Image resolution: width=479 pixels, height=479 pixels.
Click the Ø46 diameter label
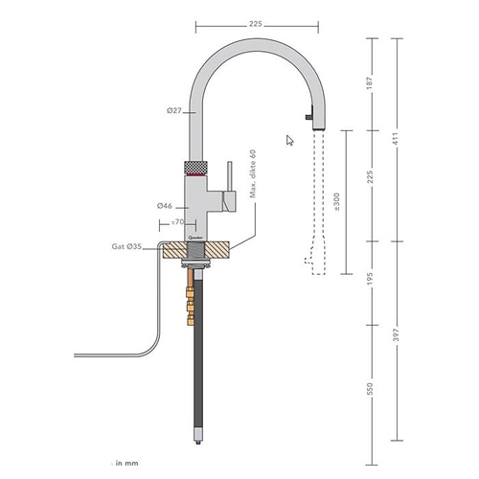click(166, 205)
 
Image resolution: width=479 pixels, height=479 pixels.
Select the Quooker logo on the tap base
click(194, 231)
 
